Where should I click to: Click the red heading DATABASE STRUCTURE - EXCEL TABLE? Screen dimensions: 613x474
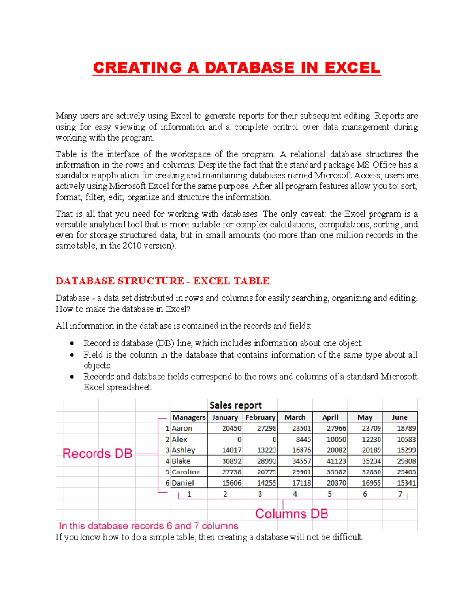click(162, 281)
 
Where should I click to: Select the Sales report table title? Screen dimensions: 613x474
click(235, 405)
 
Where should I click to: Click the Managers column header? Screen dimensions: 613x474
click(189, 417)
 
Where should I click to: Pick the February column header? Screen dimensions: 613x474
click(260, 417)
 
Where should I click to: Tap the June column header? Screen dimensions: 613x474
click(399, 417)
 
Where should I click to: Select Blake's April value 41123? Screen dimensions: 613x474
click(337, 461)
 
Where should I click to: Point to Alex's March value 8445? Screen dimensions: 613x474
click(303, 439)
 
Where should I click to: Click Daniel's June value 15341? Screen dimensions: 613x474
click(406, 483)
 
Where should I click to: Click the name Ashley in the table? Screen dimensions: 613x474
click(183, 450)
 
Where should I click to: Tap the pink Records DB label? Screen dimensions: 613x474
click(97, 454)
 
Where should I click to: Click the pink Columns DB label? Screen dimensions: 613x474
click(292, 514)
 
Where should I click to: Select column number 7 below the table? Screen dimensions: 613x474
click(400, 494)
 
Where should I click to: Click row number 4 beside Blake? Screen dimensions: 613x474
click(167, 461)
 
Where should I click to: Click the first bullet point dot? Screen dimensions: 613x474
click(72, 343)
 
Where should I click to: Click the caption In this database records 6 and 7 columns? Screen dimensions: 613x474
click(149, 526)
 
